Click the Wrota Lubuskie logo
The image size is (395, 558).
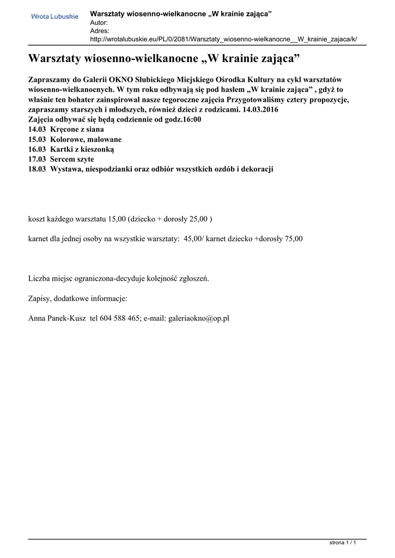click(54, 17)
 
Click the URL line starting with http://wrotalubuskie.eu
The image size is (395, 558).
click(223, 40)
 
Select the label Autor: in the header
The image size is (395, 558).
click(99, 22)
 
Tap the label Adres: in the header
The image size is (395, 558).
click(100, 31)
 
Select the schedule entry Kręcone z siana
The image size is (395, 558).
click(77, 130)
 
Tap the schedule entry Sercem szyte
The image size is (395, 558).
click(72, 159)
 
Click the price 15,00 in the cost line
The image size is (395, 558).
click(117, 219)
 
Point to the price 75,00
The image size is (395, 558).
click(294, 239)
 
